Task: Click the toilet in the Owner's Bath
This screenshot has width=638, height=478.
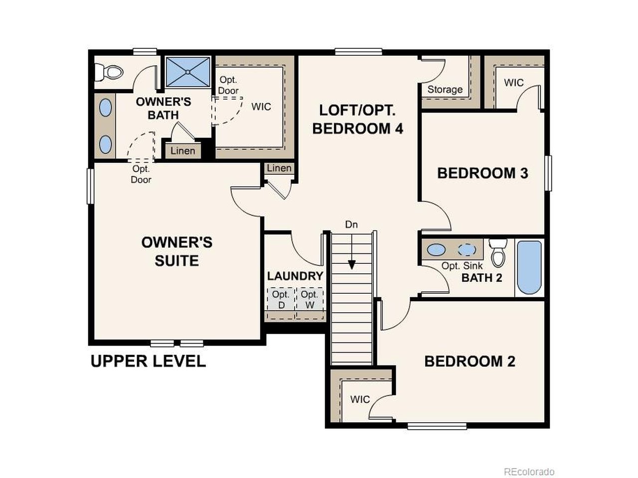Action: [x=109, y=72]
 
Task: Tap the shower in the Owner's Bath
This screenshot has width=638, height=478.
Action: [x=188, y=72]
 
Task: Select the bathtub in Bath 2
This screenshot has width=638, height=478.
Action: [x=529, y=268]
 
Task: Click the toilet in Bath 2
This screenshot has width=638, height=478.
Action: [x=498, y=252]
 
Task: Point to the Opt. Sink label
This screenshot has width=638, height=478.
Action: [x=462, y=266]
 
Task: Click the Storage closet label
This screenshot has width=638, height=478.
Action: [x=445, y=90]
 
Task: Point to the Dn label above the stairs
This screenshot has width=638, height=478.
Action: [x=351, y=225]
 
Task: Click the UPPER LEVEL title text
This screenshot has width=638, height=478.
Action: [x=148, y=361]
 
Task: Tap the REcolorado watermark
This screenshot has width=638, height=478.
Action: [x=529, y=472]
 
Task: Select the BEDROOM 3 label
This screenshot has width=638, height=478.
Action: [x=482, y=173]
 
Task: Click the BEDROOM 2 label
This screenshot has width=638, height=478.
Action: [x=470, y=361]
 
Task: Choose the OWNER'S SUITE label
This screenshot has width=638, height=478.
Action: [x=176, y=251]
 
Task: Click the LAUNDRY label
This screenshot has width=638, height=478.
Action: [x=295, y=276]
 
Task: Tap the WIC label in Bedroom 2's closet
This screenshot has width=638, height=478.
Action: [x=360, y=399]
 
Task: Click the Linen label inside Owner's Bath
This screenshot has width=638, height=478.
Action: [x=183, y=151]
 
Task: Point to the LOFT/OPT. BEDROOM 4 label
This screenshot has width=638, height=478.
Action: [x=357, y=119]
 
